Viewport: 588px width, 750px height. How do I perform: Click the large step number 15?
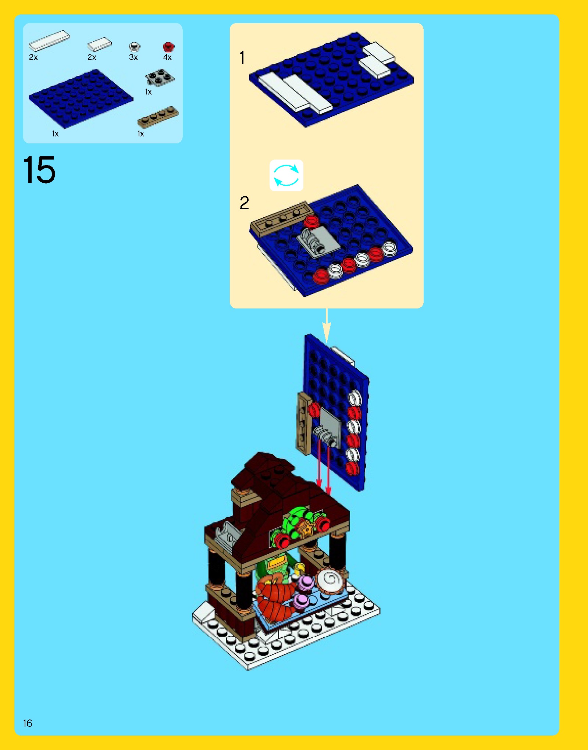tap(39, 170)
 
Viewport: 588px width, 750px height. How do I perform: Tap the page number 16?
tap(28, 723)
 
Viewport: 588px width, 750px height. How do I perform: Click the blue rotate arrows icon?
tap(286, 175)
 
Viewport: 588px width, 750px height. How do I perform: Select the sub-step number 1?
tap(242, 58)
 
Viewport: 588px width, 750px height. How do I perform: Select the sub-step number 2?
tap(244, 203)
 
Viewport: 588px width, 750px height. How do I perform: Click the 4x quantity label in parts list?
tap(167, 57)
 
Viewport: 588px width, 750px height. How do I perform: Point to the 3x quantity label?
tap(133, 57)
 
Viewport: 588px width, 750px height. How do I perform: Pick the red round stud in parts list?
tap(168, 47)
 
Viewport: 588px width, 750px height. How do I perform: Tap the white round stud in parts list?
tap(135, 47)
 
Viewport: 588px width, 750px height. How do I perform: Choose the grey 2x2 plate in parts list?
tap(160, 77)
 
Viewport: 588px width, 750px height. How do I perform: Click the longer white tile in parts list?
tap(49, 40)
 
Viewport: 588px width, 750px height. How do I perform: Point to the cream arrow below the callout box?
tap(327, 325)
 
